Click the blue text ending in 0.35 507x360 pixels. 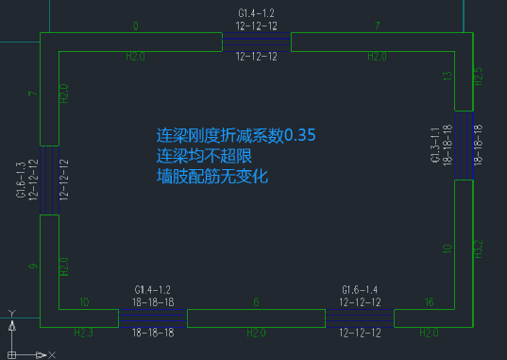(236, 135)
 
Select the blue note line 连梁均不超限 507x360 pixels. (204, 155)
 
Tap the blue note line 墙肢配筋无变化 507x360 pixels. (213, 176)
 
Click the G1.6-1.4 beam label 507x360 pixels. (360, 289)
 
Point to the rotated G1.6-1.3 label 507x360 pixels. (21, 180)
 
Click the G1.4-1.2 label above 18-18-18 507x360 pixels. (152, 289)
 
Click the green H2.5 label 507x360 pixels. (479, 77)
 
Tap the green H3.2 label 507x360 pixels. (479, 249)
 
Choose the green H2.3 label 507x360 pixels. (84, 333)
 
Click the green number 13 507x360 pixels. (448, 76)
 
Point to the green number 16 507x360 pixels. (430, 302)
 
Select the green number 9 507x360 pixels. (32, 268)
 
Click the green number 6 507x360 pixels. (256, 302)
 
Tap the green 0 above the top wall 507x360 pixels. (136, 26)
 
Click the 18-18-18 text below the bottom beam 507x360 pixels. (152, 333)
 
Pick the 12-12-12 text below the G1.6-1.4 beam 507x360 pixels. (360, 333)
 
